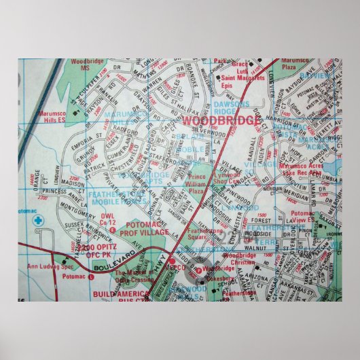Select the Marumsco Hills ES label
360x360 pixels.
tap(41, 120)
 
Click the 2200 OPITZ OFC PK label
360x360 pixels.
tap(103, 253)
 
